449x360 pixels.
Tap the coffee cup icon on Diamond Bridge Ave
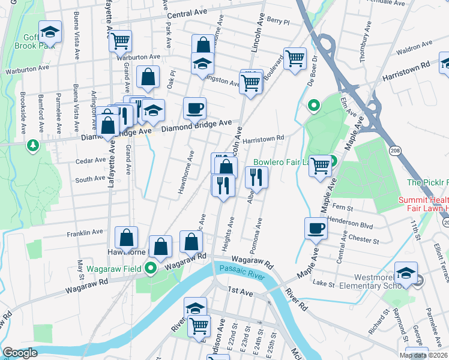[x=194, y=109]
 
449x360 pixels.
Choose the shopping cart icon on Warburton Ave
[x=120, y=41]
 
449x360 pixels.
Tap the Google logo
[x=20, y=353]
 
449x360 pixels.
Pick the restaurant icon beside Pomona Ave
[x=257, y=177]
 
